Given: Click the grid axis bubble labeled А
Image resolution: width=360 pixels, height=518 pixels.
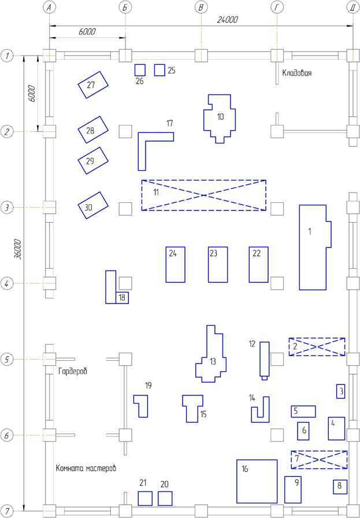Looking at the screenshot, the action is [50, 8].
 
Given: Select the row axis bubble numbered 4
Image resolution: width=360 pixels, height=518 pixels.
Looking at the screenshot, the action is [8, 283].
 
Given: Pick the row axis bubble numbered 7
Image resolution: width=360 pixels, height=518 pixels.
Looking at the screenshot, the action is [8, 511].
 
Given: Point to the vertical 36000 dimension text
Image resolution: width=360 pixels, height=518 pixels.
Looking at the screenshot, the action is [18, 249].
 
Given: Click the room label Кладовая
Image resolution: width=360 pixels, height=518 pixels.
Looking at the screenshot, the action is [297, 73].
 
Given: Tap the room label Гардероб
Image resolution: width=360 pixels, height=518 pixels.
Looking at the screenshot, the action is [73, 370].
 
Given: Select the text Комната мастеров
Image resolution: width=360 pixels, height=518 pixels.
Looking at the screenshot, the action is [86, 468].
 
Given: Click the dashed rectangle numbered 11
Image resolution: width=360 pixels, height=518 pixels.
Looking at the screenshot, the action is [204, 195].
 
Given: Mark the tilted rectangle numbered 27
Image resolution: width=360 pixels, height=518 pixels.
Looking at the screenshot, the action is [94, 86].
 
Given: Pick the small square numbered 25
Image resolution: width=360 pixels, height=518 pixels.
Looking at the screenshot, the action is [160, 70].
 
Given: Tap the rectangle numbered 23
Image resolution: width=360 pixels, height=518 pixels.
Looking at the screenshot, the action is [217, 265].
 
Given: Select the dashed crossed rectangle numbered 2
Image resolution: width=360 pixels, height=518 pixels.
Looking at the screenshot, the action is [317, 346].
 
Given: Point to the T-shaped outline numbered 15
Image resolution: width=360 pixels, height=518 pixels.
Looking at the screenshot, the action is [192, 406].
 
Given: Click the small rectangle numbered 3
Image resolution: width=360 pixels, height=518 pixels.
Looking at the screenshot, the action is [341, 391].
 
